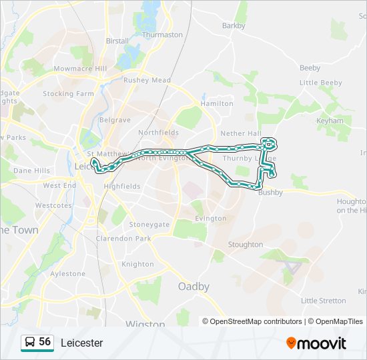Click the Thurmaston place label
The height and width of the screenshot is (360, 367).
(162, 35)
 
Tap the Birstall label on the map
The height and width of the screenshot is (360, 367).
(117, 41)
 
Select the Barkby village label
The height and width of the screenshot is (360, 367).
(234, 26)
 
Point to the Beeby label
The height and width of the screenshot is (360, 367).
(310, 68)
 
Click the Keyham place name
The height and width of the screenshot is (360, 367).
(330, 121)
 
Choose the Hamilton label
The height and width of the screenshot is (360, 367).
(217, 104)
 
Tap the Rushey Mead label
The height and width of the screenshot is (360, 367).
(147, 81)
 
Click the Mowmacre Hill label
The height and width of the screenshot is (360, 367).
(80, 69)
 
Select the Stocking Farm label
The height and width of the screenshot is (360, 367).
(68, 94)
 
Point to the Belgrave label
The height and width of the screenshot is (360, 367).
(115, 120)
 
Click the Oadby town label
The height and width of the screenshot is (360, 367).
(194, 287)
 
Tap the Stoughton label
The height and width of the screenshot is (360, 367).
(246, 245)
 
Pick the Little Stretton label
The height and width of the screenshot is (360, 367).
(324, 301)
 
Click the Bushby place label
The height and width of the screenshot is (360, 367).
(270, 193)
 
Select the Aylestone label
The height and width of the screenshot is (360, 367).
(67, 274)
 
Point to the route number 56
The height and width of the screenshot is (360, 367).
(45, 342)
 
